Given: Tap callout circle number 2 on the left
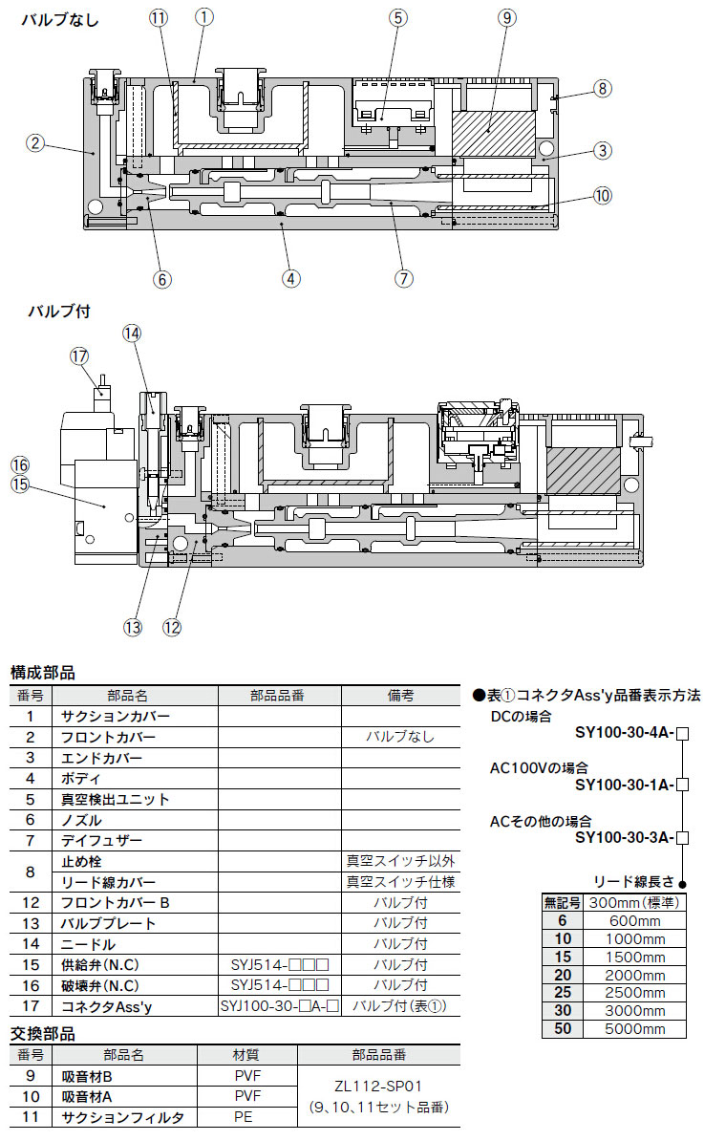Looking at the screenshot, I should [34, 143].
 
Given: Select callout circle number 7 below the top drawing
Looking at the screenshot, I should [403, 278].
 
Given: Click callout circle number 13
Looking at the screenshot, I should [132, 627].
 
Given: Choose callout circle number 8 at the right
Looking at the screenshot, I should [602, 89].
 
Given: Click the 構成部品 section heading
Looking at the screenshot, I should [42, 673].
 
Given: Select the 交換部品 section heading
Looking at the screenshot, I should [42, 1033].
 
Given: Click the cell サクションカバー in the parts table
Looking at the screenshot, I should [116, 716].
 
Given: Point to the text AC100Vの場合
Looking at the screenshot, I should [539, 767].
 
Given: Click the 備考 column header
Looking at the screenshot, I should [399, 695].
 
